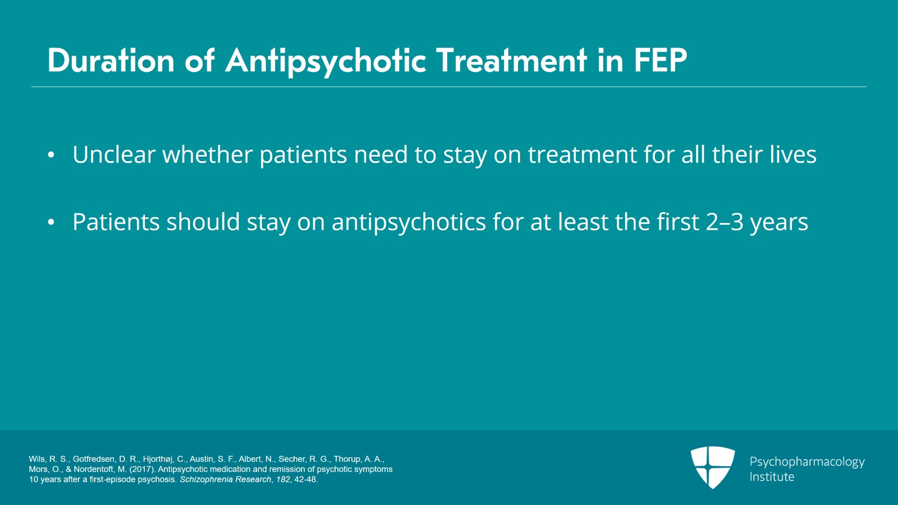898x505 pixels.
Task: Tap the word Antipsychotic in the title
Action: tap(326, 62)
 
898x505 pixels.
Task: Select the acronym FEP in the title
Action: tap(661, 60)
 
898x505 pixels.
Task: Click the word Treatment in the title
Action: tap(511, 60)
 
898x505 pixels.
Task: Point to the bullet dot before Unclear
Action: tap(51, 155)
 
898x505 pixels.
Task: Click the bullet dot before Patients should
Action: tap(51, 222)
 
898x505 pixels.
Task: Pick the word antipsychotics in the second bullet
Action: tap(409, 222)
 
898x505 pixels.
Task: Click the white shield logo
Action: tap(713, 467)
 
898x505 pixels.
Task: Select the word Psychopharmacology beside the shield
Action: tap(807, 462)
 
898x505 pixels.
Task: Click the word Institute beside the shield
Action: tap(772, 477)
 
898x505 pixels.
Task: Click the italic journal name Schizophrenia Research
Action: tap(225, 479)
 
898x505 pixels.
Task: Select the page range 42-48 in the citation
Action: tap(305, 479)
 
